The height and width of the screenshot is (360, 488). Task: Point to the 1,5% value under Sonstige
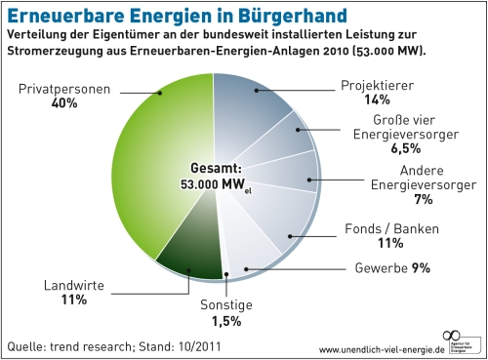pyautogui.click(x=226, y=320)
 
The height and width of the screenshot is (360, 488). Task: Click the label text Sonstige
pyautogui.click(x=226, y=305)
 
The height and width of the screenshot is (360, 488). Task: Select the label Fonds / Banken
pyautogui.click(x=392, y=228)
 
